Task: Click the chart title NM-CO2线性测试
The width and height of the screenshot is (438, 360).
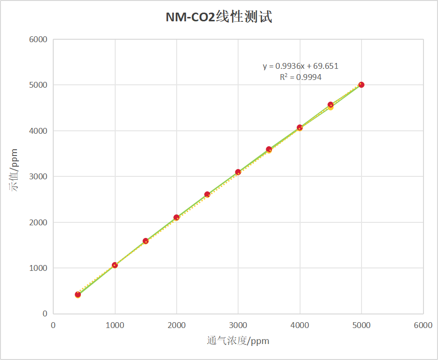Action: point(219,17)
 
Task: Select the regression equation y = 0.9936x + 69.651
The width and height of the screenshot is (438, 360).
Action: point(301,66)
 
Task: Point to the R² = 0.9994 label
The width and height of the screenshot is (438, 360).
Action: point(301,77)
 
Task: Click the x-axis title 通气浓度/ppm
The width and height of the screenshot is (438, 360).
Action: point(238,341)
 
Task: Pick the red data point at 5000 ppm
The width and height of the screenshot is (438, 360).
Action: point(362,85)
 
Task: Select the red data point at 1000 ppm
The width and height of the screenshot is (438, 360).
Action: point(115,265)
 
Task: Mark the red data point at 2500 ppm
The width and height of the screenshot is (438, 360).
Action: point(207,194)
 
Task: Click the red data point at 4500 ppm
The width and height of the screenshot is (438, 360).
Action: point(331,105)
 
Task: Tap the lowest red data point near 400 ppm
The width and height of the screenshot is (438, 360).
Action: point(78,294)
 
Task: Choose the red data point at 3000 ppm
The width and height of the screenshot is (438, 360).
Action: point(238,172)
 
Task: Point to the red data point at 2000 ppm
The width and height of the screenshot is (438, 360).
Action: point(177,218)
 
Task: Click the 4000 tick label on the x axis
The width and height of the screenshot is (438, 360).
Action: point(300,326)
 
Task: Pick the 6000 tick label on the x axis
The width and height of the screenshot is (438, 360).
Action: point(423,326)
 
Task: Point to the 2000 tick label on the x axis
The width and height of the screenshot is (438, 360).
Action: point(177,326)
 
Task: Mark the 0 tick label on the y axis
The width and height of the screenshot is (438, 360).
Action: point(45,314)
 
